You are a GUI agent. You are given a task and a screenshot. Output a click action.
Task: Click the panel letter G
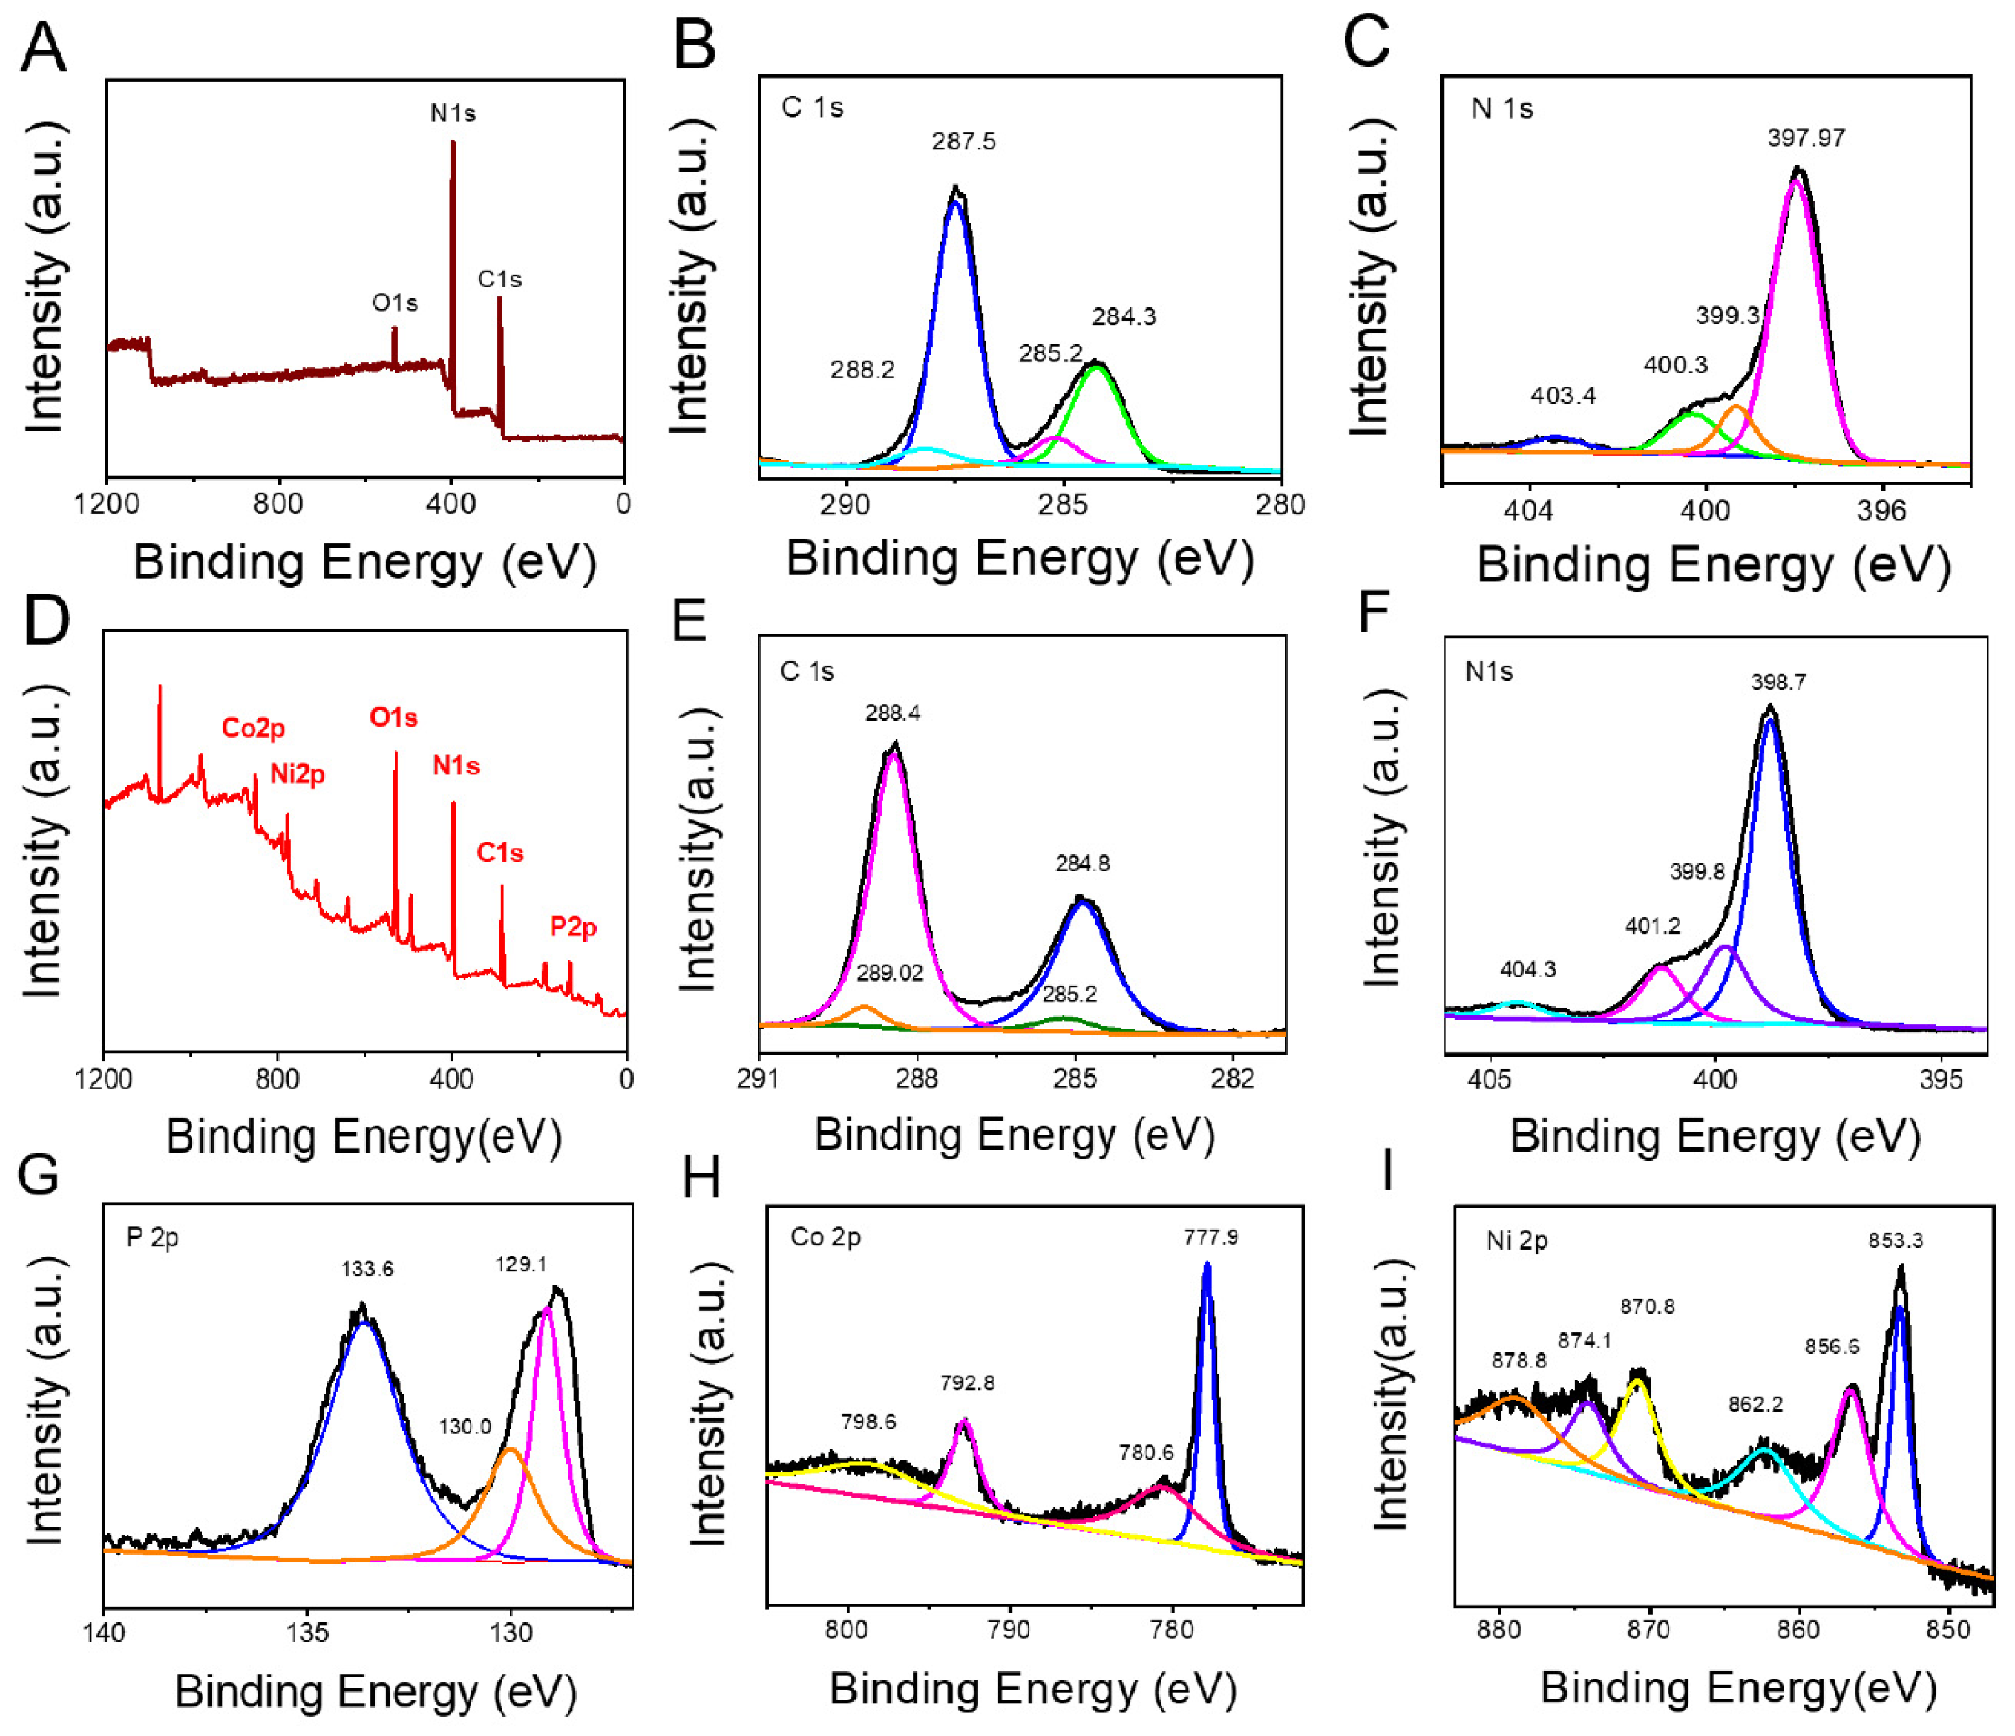point(39,1175)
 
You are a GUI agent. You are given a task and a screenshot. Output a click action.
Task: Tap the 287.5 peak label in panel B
point(963,142)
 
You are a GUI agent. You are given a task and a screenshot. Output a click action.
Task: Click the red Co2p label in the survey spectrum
point(253,727)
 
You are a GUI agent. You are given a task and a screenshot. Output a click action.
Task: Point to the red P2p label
point(573,926)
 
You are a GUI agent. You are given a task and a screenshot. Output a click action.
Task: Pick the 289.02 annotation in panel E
point(889,973)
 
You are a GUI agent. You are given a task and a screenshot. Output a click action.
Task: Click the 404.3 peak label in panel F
point(1528,969)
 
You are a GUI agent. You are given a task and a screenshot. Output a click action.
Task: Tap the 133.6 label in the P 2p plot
point(367,1268)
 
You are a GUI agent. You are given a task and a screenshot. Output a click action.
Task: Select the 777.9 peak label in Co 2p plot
point(1211,1237)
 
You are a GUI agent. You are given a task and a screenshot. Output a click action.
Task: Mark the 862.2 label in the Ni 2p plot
point(1755,1404)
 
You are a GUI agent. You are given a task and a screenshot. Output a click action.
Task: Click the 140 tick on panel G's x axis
point(104,1632)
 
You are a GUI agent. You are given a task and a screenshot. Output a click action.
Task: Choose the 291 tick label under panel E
point(759,1079)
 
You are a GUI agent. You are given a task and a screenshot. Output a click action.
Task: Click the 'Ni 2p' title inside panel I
point(1516,1241)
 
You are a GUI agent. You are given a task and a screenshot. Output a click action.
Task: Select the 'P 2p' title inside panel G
point(152,1237)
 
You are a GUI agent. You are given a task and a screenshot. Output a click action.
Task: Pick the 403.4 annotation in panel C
point(1563,396)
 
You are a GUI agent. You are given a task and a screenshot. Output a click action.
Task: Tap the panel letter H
point(701,1178)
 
